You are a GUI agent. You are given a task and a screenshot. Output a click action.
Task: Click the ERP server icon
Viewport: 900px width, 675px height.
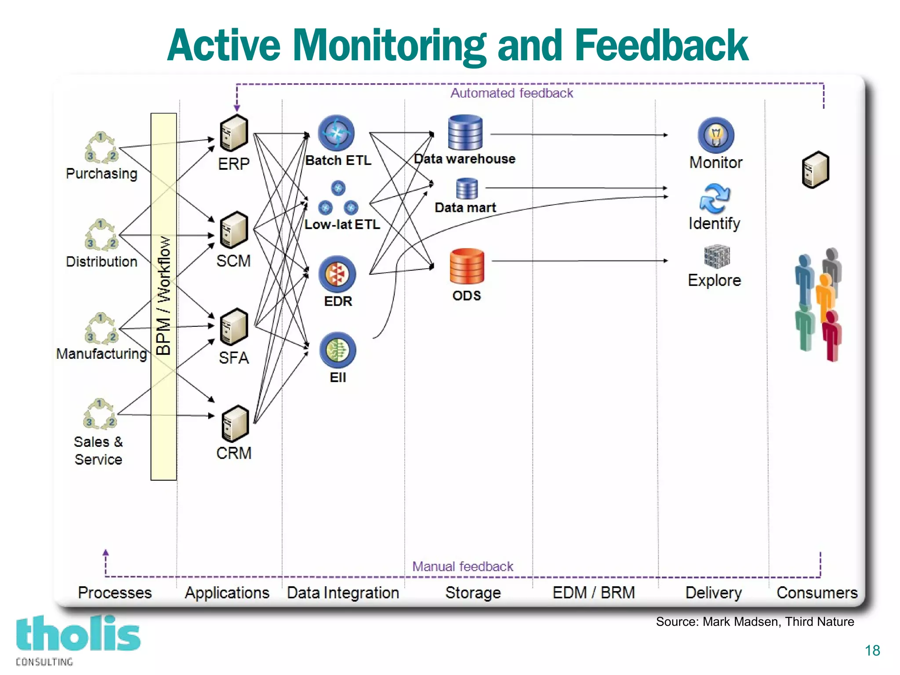coord(234,133)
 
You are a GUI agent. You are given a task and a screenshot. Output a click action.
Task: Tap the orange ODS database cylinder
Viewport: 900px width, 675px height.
coord(467,266)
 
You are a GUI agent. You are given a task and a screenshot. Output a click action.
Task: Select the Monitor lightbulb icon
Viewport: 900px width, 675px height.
coord(715,135)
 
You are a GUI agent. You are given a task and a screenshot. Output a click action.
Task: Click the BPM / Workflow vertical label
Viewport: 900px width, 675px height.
coord(163,296)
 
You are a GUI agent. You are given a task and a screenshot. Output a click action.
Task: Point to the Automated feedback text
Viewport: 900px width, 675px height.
coord(512,93)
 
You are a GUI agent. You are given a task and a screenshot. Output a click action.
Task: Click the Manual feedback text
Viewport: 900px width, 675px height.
coord(462,566)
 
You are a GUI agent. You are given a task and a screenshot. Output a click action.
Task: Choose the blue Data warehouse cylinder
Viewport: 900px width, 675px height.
coord(465,132)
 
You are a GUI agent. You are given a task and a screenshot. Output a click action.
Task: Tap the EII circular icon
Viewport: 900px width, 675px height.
coord(337,350)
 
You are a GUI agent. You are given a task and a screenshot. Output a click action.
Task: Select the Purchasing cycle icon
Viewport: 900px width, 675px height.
coord(101,147)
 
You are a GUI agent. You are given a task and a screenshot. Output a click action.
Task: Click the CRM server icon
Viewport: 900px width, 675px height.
coord(235,423)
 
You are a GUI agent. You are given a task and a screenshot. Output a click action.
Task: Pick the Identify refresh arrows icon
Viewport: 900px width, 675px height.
coord(715,198)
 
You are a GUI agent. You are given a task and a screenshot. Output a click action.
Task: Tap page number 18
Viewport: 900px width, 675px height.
coord(872,650)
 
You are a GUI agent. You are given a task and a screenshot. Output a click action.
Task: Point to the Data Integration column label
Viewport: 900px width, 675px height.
coord(343,593)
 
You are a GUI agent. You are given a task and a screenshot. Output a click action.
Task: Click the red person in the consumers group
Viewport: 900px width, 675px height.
coord(832,335)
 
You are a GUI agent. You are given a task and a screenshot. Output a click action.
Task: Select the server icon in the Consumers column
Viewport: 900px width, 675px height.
coord(816,170)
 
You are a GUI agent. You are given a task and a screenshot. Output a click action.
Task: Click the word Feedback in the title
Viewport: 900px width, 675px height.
coord(661,45)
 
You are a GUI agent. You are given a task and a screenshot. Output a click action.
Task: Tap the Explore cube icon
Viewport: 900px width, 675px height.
coord(716,256)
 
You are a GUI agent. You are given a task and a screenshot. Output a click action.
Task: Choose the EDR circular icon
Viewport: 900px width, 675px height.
coord(337,274)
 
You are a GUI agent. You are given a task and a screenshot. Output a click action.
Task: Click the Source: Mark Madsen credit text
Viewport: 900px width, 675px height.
coord(755,622)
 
